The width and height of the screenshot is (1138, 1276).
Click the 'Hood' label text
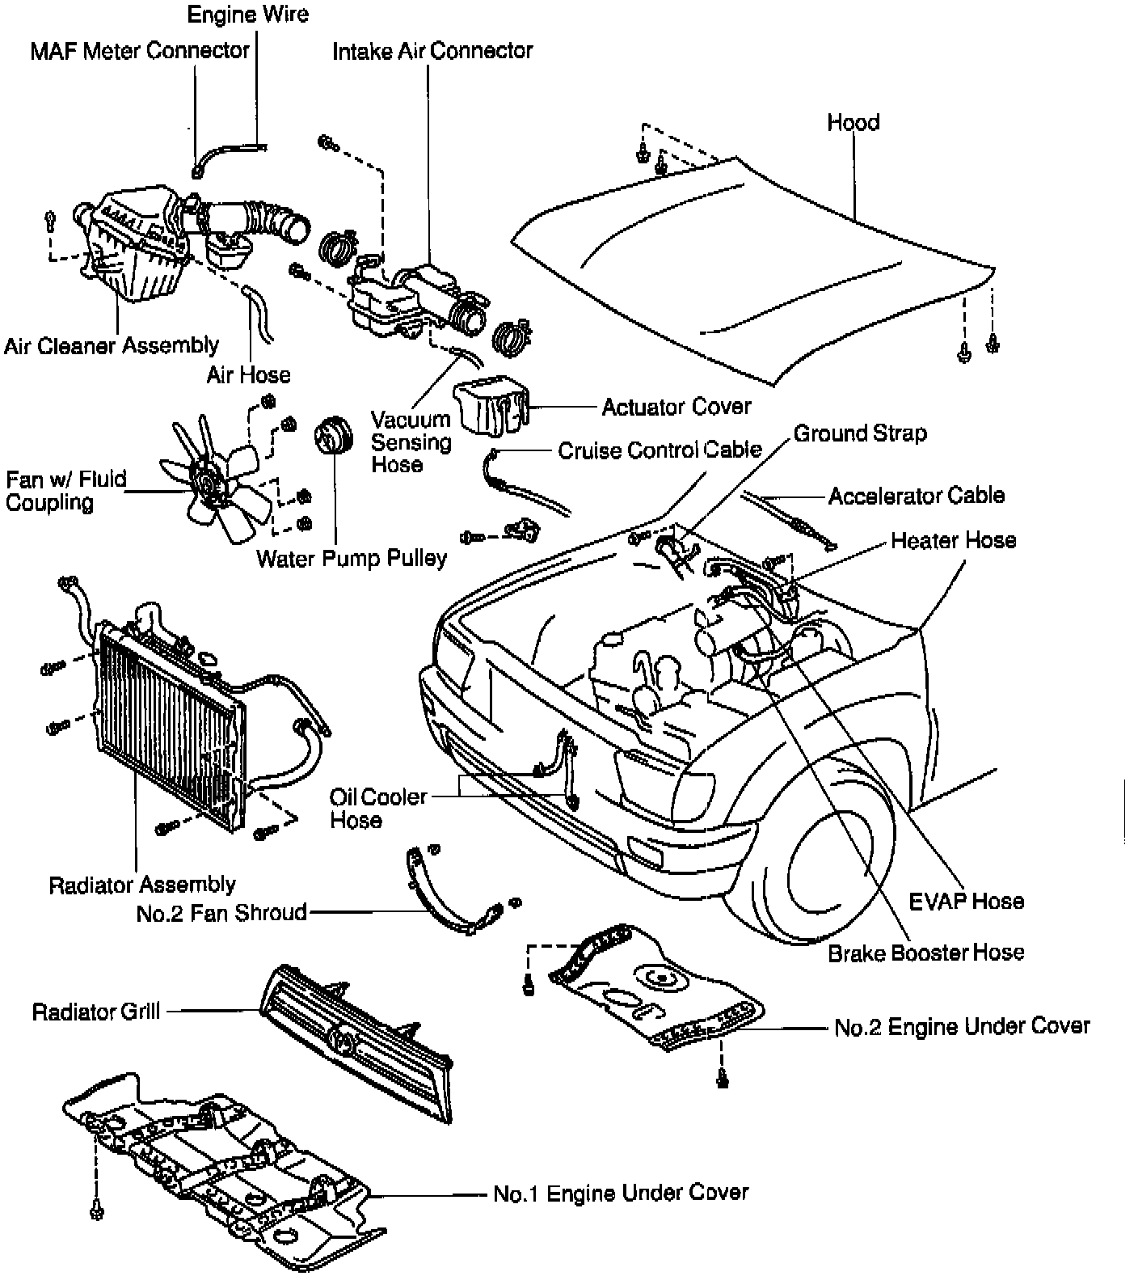[x=853, y=123]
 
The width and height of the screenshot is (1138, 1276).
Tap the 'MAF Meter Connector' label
[x=140, y=51]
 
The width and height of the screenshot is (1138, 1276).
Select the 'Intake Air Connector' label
[x=432, y=51]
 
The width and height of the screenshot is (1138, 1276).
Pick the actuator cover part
[x=490, y=404]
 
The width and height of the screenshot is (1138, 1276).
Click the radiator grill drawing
[x=356, y=1040]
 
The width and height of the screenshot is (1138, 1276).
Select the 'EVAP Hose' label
[x=966, y=901]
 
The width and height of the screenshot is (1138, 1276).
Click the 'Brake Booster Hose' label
[x=925, y=953]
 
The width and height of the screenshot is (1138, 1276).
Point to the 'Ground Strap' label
[x=860, y=433]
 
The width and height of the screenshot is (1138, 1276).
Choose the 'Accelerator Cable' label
[x=917, y=496]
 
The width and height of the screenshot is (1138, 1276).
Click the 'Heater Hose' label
[x=953, y=540]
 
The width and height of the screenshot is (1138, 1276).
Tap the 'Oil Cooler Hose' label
[x=377, y=808]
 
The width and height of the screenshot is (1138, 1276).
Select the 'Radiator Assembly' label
[x=142, y=885]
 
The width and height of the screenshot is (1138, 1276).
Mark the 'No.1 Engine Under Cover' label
[x=621, y=1193]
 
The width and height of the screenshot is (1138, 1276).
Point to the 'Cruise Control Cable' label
[x=660, y=450]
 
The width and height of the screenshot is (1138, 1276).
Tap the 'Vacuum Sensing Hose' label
[x=411, y=442]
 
